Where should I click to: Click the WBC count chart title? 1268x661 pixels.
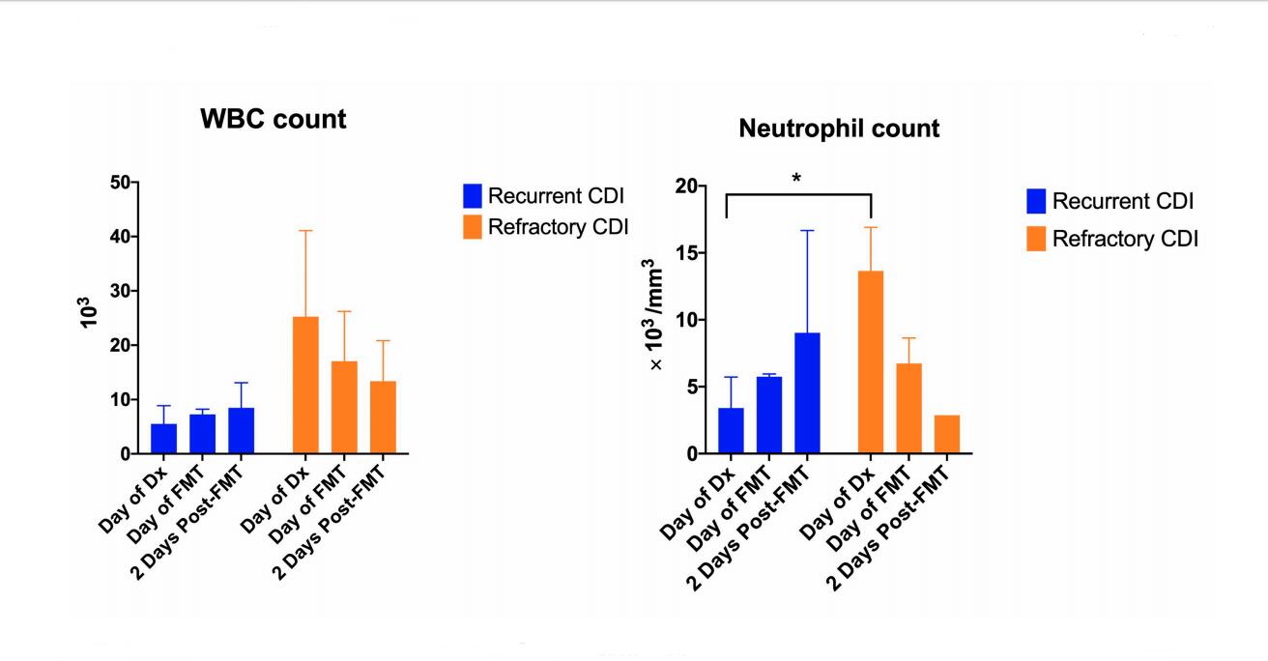273,120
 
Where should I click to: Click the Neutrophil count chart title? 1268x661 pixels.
839,129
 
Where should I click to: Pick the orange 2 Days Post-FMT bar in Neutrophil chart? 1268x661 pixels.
947,435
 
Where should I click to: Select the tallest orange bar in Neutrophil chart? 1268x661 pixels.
871,362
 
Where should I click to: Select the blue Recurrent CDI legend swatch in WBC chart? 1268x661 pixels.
473,196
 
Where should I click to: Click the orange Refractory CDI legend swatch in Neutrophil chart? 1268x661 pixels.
1037,239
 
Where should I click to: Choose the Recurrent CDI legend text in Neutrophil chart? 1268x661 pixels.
1123,201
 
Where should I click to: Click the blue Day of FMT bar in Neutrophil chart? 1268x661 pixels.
768,415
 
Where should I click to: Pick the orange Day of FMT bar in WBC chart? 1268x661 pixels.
344,407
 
